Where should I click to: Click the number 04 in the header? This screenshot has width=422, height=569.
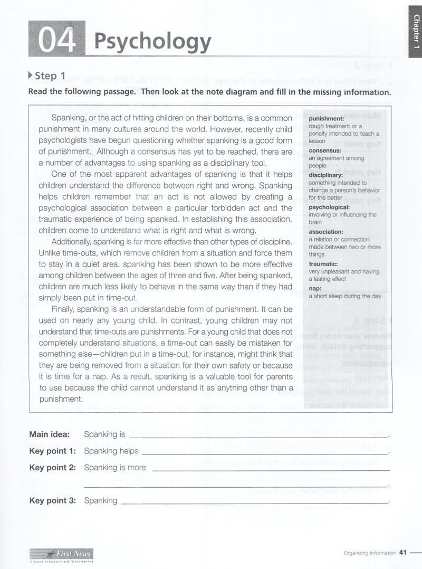pyautogui.click(x=56, y=40)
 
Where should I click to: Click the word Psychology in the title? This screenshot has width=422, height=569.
pyautogui.click(x=152, y=41)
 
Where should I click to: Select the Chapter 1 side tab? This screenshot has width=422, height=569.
pyautogui.click(x=416, y=31)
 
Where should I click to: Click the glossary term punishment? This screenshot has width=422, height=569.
pyautogui.click(x=326, y=119)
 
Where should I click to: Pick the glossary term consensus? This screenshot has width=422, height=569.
pyautogui.click(x=325, y=150)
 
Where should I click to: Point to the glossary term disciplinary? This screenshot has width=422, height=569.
pyautogui.click(x=325, y=175)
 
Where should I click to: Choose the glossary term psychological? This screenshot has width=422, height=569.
pyautogui.click(x=329, y=207)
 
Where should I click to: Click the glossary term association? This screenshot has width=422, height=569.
pyautogui.click(x=325, y=232)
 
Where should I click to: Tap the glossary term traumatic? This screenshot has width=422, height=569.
pyautogui.click(x=323, y=264)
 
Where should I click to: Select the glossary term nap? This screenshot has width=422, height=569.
pyautogui.click(x=315, y=288)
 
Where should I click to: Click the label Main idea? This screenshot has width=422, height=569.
pyautogui.click(x=49, y=434)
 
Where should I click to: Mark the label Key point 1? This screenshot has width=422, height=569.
pyautogui.click(x=52, y=451)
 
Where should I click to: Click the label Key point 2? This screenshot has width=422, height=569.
pyautogui.click(x=52, y=468)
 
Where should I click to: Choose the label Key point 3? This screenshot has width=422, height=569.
pyautogui.click(x=52, y=501)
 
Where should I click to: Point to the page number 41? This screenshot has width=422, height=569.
pyautogui.click(x=403, y=553)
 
